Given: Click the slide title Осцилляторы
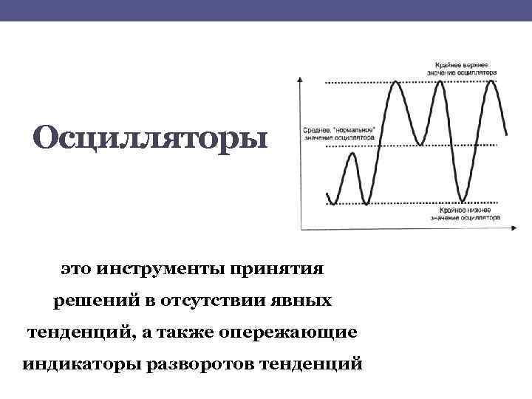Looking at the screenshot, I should coord(147,137).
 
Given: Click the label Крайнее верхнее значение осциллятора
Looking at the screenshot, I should coord(461,69).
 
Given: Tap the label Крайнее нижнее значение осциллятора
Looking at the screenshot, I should coord(464,214).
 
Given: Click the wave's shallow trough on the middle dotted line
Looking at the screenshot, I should coord(419,143).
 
